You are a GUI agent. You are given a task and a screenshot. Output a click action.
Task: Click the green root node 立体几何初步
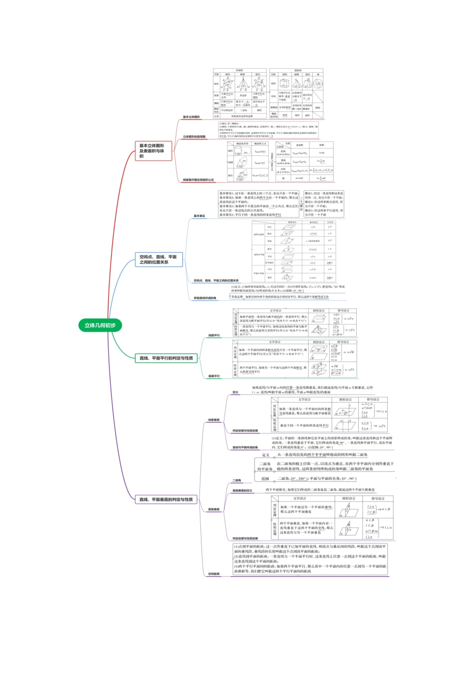100,325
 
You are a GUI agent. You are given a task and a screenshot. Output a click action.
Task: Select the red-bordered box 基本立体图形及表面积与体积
152,151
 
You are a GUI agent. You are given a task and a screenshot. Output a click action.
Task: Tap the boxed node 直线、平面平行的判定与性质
166,358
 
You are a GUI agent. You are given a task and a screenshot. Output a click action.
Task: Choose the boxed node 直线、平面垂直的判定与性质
166,499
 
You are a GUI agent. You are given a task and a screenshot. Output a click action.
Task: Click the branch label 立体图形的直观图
194,136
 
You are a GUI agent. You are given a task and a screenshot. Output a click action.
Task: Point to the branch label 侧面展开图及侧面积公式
198,180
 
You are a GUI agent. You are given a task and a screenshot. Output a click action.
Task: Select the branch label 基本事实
199,216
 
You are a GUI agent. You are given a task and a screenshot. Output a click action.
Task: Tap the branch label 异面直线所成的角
205,298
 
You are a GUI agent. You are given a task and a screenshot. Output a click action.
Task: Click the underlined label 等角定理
237,297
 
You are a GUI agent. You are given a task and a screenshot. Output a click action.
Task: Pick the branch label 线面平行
214,335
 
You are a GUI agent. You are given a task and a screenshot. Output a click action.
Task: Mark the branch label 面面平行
214,376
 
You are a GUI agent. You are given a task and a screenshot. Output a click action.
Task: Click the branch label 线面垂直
214,420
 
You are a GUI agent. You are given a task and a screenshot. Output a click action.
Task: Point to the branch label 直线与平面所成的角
245,447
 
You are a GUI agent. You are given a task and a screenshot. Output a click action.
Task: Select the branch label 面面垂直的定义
243,490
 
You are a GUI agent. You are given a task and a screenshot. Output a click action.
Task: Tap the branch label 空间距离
214,574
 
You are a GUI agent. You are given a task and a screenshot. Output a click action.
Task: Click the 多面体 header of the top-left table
240,71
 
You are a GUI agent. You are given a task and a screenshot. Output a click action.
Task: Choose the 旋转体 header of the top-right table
298,71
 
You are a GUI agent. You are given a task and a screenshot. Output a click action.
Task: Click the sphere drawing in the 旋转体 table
318,84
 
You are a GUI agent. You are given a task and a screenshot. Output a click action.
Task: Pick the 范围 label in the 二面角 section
265,478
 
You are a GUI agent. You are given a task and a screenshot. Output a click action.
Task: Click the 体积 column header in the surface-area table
322,145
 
